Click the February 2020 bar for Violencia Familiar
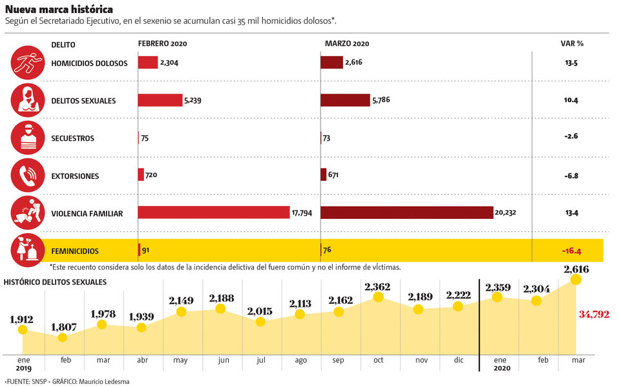click(x=214, y=212)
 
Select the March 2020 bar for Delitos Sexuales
click(x=345, y=100)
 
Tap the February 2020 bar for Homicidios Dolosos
click(x=148, y=63)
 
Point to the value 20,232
click(x=505, y=213)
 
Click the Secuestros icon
click(x=28, y=138)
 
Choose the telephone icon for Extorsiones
click(x=28, y=175)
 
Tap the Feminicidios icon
click(x=28, y=251)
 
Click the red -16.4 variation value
click(x=571, y=251)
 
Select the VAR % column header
click(x=572, y=43)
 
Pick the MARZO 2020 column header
click(x=347, y=43)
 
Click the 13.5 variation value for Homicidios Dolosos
click(x=571, y=63)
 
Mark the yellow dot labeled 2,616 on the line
click(x=576, y=280)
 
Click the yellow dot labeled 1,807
click(x=63, y=338)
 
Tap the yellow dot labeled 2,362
click(x=378, y=297)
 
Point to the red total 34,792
click(x=594, y=315)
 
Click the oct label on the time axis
click(x=378, y=360)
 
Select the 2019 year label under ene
click(x=24, y=368)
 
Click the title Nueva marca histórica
click(x=59, y=9)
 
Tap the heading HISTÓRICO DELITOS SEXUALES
click(x=56, y=282)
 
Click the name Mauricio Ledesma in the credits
click(x=104, y=381)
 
